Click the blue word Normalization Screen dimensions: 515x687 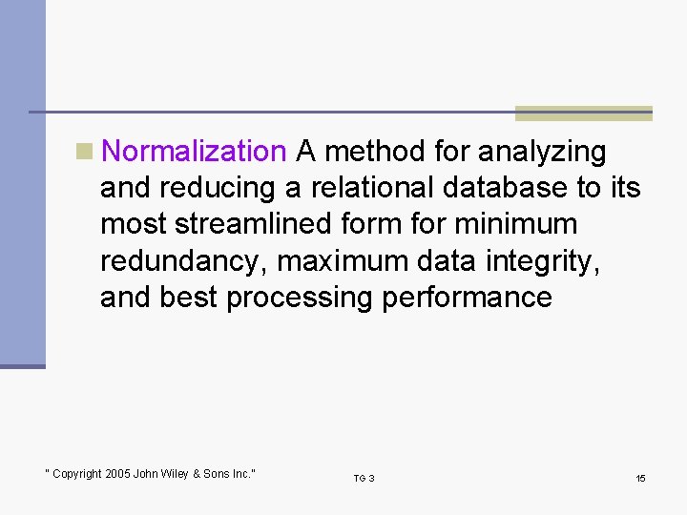(x=194, y=152)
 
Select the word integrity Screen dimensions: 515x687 (x=544, y=261)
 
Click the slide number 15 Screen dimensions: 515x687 (x=640, y=478)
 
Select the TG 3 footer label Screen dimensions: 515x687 (x=364, y=478)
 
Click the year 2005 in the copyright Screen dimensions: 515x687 (x=118, y=474)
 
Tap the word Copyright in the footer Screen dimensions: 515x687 (x=77, y=474)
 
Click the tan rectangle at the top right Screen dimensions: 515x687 (x=583, y=113)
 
